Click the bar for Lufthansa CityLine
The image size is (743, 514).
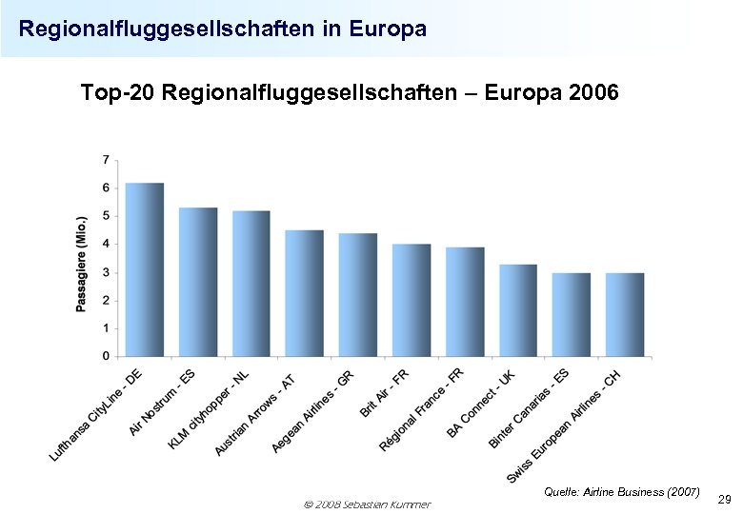tap(145, 269)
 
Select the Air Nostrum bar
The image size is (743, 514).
tap(198, 282)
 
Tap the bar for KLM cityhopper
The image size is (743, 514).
tap(251, 284)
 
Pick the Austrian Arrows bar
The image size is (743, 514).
tap(305, 293)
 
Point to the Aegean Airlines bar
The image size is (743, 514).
tap(358, 295)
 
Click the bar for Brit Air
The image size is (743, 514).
tap(412, 300)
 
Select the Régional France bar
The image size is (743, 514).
tap(465, 302)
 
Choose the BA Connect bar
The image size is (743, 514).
tap(518, 310)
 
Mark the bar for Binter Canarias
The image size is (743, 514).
tap(572, 314)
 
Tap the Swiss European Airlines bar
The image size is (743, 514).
tap(625, 314)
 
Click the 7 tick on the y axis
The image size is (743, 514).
tap(105, 159)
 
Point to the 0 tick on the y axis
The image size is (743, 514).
tap(105, 356)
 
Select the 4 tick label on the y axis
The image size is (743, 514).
tap(105, 244)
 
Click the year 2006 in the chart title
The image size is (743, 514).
tap(592, 93)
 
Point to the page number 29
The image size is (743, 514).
tap(724, 500)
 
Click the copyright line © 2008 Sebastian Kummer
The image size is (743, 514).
tap(365, 504)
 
